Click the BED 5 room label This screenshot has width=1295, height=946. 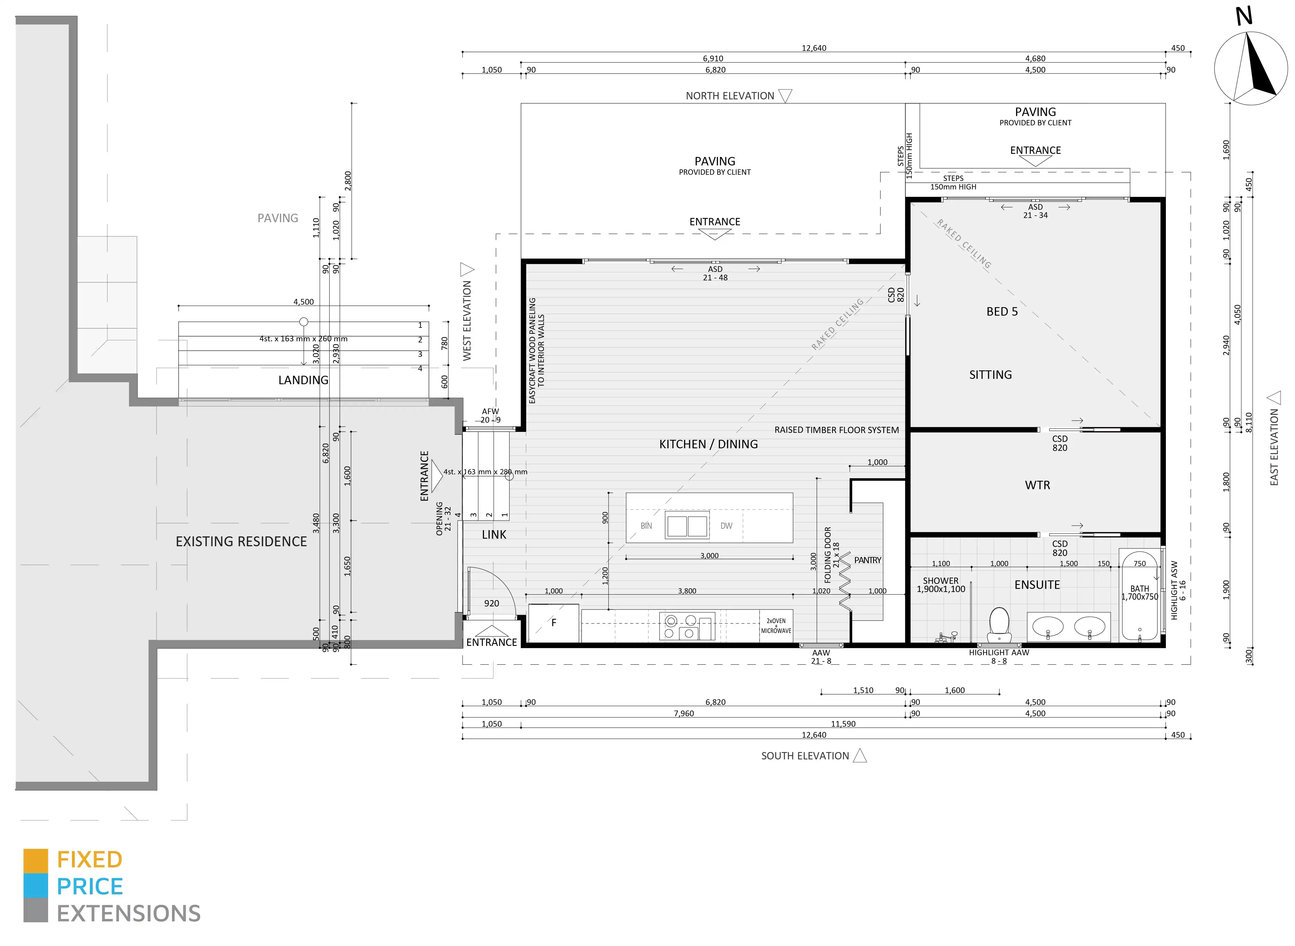[1002, 311]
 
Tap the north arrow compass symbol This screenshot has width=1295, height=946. [1251, 68]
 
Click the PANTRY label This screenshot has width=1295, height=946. [867, 560]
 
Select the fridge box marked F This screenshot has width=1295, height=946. [554, 623]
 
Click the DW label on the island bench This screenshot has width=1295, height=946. [726, 526]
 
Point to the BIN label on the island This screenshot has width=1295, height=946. [646, 526]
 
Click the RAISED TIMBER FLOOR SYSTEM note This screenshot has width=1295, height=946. [837, 430]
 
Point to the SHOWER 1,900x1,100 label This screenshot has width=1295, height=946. [941, 585]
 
